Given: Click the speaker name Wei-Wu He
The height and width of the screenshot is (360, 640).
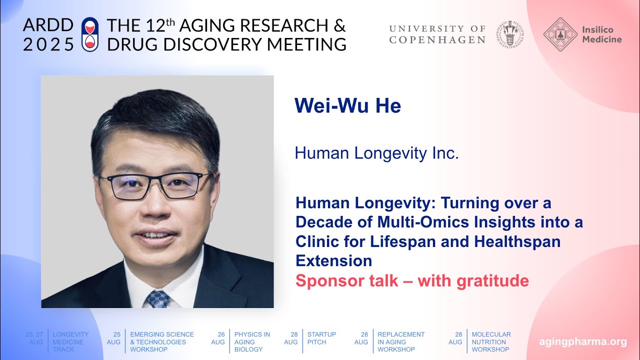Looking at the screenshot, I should [347, 106].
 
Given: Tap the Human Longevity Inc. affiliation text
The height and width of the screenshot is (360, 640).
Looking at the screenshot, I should [376, 153].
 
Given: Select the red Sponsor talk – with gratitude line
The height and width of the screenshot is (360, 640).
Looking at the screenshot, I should [412, 281].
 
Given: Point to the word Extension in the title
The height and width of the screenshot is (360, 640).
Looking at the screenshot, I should [333, 260].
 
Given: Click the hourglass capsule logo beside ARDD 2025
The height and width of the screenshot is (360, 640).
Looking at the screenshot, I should [90, 34].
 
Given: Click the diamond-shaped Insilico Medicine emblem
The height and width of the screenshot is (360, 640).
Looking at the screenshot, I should [560, 34].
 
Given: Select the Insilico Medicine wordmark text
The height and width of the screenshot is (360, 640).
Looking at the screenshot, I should [601, 34].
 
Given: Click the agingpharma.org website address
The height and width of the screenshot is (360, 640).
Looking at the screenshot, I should [582, 342].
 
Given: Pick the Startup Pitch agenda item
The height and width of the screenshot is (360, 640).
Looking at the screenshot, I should [321, 338].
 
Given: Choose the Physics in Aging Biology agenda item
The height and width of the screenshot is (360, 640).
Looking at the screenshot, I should [252, 342].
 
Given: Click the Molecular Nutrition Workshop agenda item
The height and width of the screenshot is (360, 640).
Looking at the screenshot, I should [491, 342].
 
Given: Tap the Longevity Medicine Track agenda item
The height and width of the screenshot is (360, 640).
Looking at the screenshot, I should [70, 342].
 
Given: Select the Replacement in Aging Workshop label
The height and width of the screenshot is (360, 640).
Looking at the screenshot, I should [401, 342].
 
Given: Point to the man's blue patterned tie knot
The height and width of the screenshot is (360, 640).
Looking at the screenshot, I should [157, 299].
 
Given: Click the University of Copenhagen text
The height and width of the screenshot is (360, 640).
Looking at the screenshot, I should [437, 34].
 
